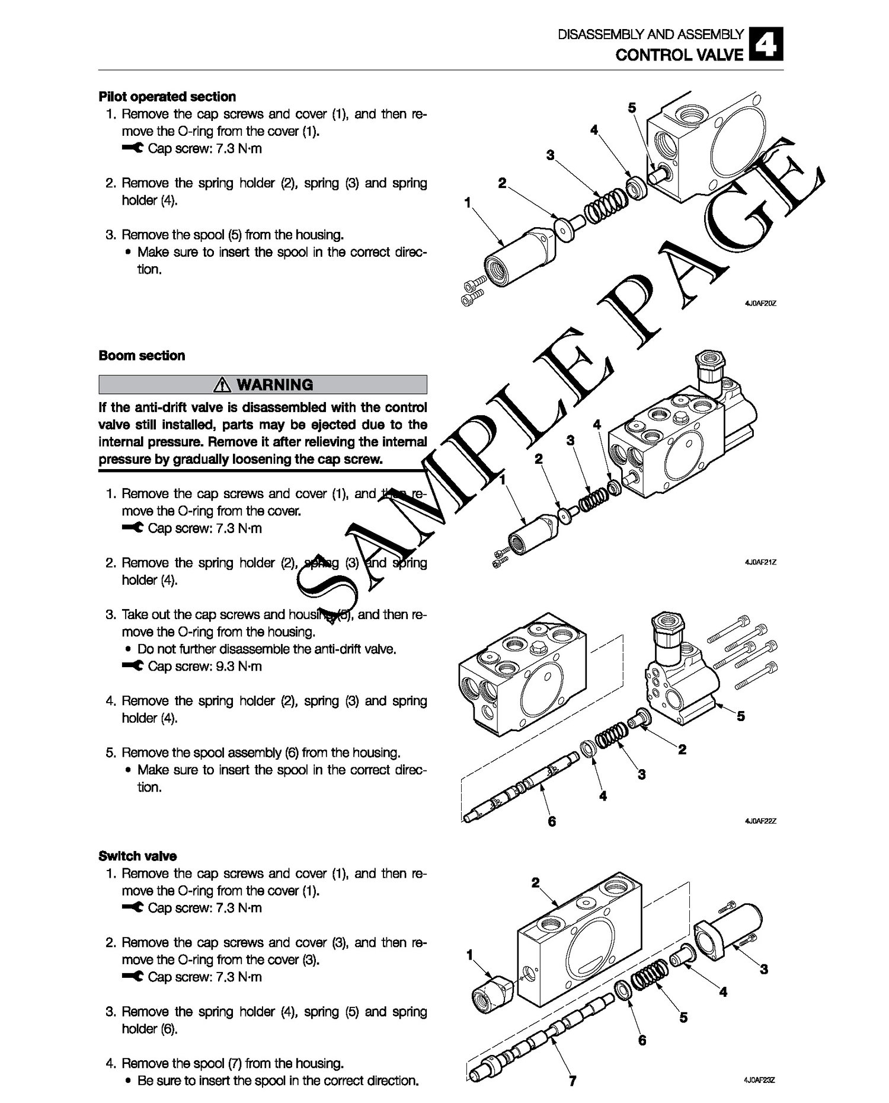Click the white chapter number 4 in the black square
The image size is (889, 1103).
[766, 44]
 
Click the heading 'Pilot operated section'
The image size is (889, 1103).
[167, 97]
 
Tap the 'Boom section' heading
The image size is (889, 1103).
[142, 356]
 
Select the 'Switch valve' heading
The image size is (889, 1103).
[137, 856]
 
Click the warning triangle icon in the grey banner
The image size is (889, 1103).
[223, 385]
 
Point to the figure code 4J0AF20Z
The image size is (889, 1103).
[760, 304]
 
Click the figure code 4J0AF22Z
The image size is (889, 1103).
[760, 821]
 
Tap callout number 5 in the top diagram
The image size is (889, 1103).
[632, 107]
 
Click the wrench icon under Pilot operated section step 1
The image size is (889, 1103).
[133, 149]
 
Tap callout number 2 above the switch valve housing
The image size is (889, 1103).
[536, 883]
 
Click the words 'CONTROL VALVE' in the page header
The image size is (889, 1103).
[679, 55]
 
